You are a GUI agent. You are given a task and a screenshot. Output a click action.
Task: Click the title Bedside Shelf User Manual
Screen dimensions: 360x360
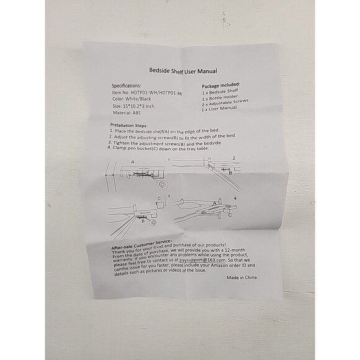coord(183,71)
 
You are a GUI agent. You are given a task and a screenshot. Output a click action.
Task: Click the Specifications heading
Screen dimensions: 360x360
coord(126,86)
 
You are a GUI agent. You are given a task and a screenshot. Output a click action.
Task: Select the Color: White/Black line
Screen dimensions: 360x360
coord(132,99)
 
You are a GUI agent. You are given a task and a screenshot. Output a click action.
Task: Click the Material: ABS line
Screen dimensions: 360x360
coord(127,113)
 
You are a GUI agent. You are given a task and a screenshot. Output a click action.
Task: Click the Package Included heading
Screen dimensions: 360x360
coord(221,85)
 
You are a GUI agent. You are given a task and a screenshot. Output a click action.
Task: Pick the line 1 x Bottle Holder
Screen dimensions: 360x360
coord(220,97)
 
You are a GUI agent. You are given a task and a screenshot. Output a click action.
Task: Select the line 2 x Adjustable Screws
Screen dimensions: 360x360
coord(225,102)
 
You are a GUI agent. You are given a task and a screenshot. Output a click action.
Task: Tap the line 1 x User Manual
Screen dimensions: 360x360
coord(219,109)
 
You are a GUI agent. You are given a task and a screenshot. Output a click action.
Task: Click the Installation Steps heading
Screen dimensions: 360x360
coord(129,125)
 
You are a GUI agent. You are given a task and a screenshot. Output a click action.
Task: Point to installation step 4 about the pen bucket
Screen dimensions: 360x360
coord(158,148)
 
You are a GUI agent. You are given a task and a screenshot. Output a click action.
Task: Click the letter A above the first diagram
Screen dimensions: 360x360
coord(132,162)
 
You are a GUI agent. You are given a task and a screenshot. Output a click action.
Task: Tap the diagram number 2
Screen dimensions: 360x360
coord(234,158)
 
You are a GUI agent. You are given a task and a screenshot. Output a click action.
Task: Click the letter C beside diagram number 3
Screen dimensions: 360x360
coord(159,199)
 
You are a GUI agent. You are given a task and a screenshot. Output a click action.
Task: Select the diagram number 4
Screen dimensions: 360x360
coord(235,198)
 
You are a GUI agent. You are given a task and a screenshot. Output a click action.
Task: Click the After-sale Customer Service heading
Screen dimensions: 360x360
coord(141,245)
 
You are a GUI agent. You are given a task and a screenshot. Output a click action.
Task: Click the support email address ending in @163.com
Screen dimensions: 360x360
coord(203,260)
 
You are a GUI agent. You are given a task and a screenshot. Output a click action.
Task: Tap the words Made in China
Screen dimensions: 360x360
coord(241,277)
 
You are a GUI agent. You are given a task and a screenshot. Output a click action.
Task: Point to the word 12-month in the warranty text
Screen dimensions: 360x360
coord(236,250)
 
